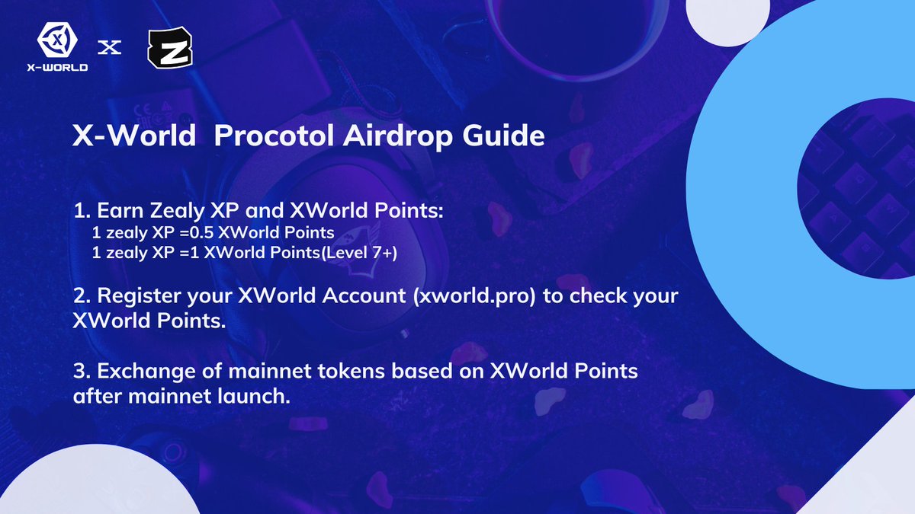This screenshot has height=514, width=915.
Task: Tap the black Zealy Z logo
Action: coord(169,49)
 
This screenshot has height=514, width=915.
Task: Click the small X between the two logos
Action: coord(111,48)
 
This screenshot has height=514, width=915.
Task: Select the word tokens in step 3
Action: coord(334,372)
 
